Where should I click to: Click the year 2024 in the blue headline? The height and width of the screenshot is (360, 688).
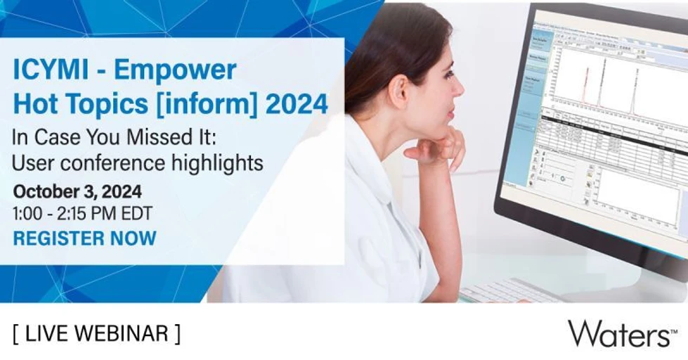pyautogui.click(x=297, y=104)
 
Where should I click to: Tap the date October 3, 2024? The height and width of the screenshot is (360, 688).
pyautogui.click(x=77, y=191)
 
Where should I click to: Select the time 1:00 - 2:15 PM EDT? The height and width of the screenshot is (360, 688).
pyautogui.click(x=82, y=213)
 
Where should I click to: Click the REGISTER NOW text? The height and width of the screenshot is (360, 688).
pyautogui.click(x=85, y=238)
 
